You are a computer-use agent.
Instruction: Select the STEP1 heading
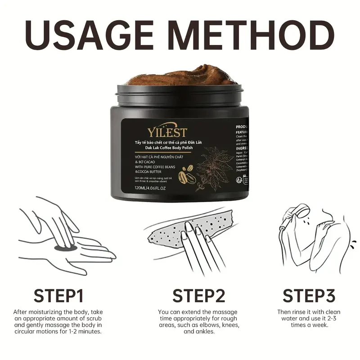58,296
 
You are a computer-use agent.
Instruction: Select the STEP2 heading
198,296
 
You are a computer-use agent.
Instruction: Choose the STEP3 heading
309,296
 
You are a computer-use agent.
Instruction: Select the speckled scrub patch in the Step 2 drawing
173,234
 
